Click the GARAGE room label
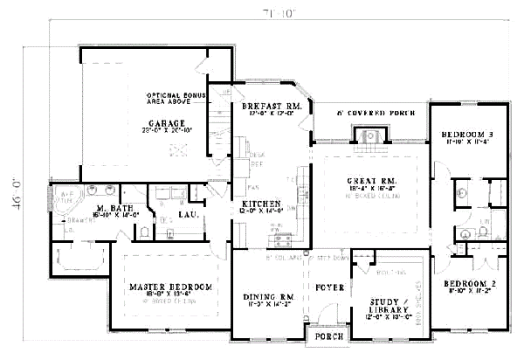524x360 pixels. (165, 123)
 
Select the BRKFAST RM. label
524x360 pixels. (272, 105)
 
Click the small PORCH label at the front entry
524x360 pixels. (328, 337)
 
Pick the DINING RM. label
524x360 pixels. (269, 297)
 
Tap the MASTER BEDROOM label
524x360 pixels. (171, 287)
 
